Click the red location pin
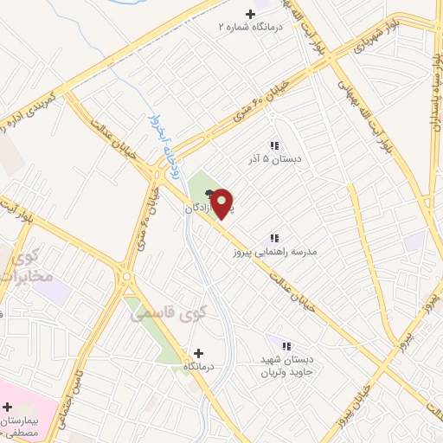(x=223, y=202)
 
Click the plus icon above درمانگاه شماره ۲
(x=252, y=14)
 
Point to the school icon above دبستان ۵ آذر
(x=274, y=145)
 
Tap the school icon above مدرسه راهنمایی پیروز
(x=274, y=238)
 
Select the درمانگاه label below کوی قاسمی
(x=199, y=368)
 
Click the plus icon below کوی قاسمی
(x=199, y=353)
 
